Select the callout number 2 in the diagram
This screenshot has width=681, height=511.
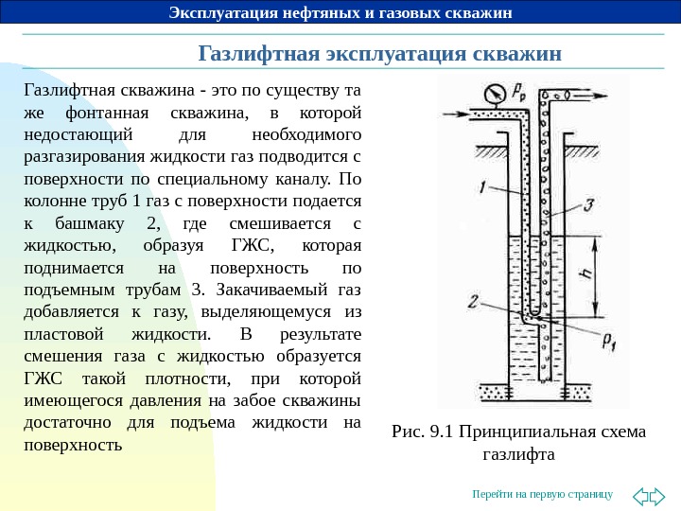coord(472,302)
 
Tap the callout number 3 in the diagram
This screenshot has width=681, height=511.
coord(588,204)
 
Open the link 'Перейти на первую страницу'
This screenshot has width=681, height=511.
coord(542,495)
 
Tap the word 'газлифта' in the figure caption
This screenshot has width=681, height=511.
coord(517,455)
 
